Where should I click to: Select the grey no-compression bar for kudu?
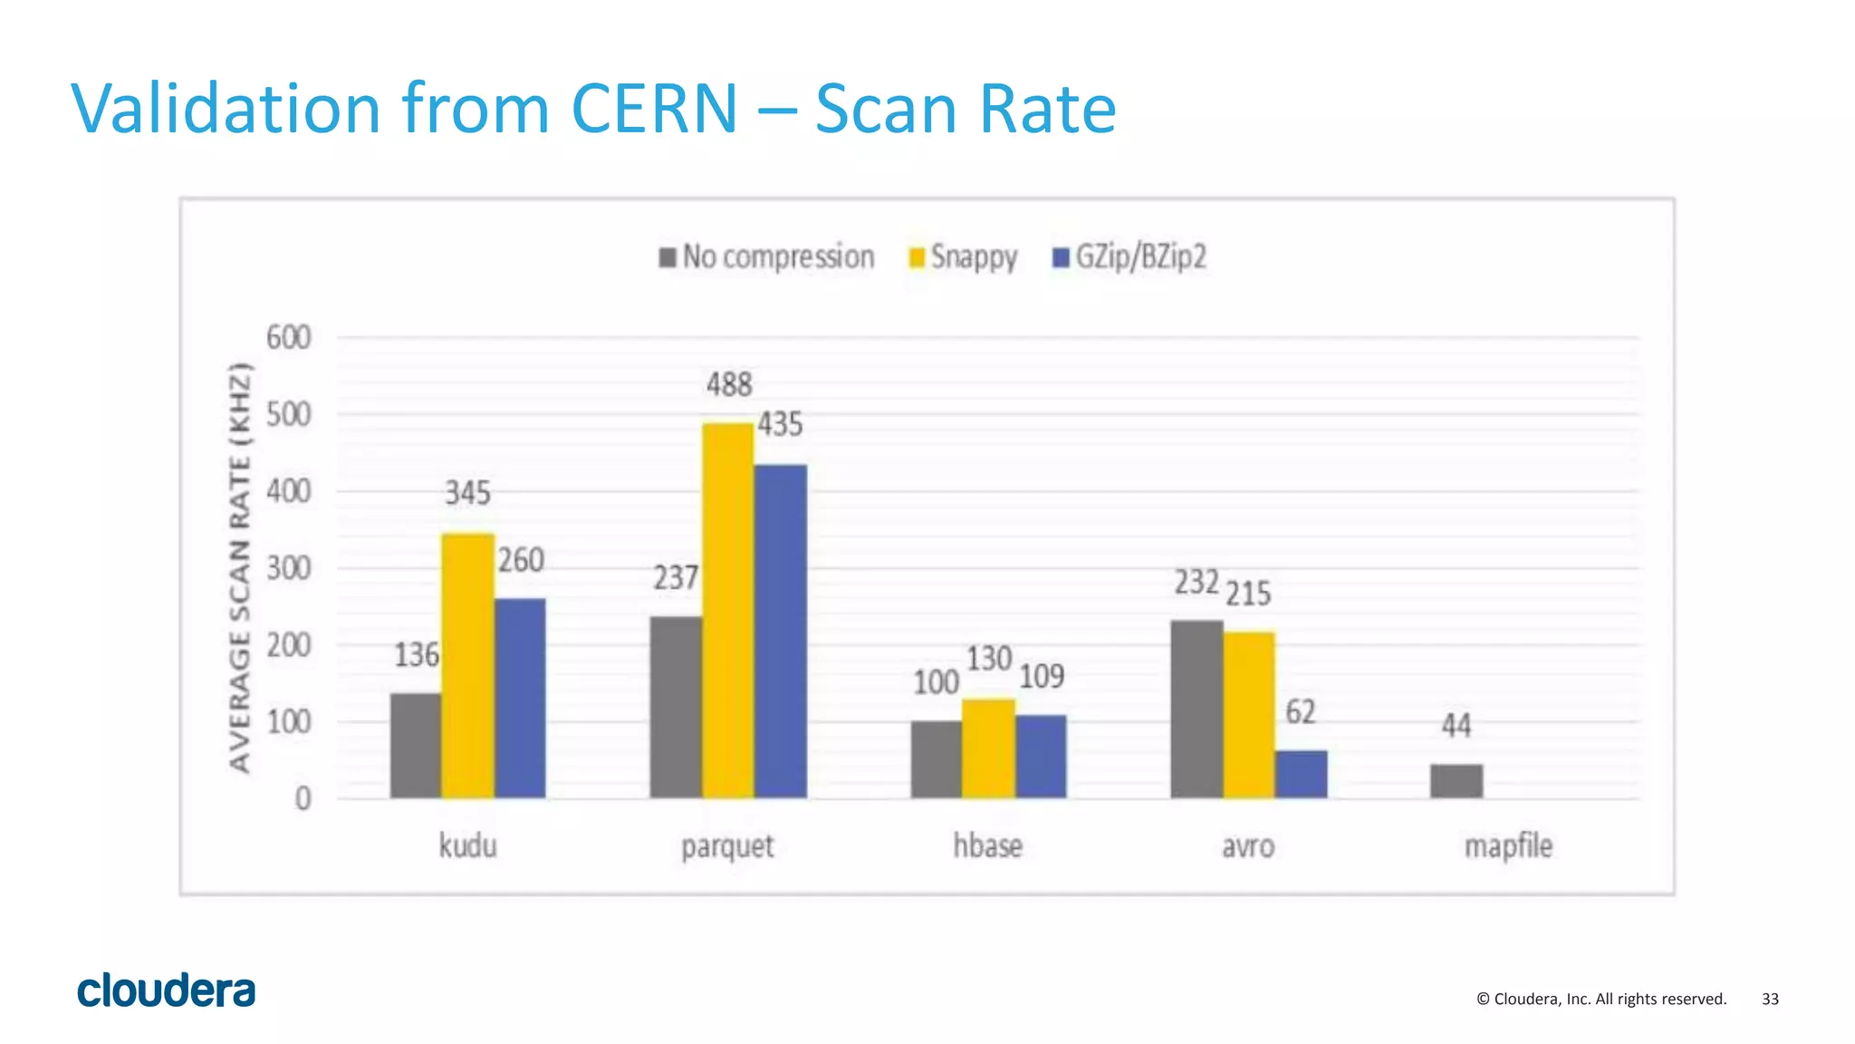(416, 745)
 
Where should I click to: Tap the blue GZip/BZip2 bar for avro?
(1301, 774)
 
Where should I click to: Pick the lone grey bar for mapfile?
(1456, 780)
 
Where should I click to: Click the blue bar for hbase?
(1041, 757)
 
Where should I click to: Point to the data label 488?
(729, 384)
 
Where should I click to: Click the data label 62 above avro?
(1301, 712)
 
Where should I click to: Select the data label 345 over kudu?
(467, 493)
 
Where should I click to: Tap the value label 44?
(1456, 725)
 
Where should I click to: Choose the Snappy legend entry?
(964, 257)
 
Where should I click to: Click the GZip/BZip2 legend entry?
(1129, 257)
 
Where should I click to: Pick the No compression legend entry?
(767, 257)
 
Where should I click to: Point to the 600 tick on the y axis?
(289, 337)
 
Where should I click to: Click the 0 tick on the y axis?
(303, 798)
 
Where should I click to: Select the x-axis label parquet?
(727, 846)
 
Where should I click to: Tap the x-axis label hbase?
(987, 846)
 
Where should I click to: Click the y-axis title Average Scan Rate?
(239, 567)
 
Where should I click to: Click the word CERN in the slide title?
(654, 109)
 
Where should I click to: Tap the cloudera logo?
(167, 991)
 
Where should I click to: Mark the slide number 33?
(1770, 999)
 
